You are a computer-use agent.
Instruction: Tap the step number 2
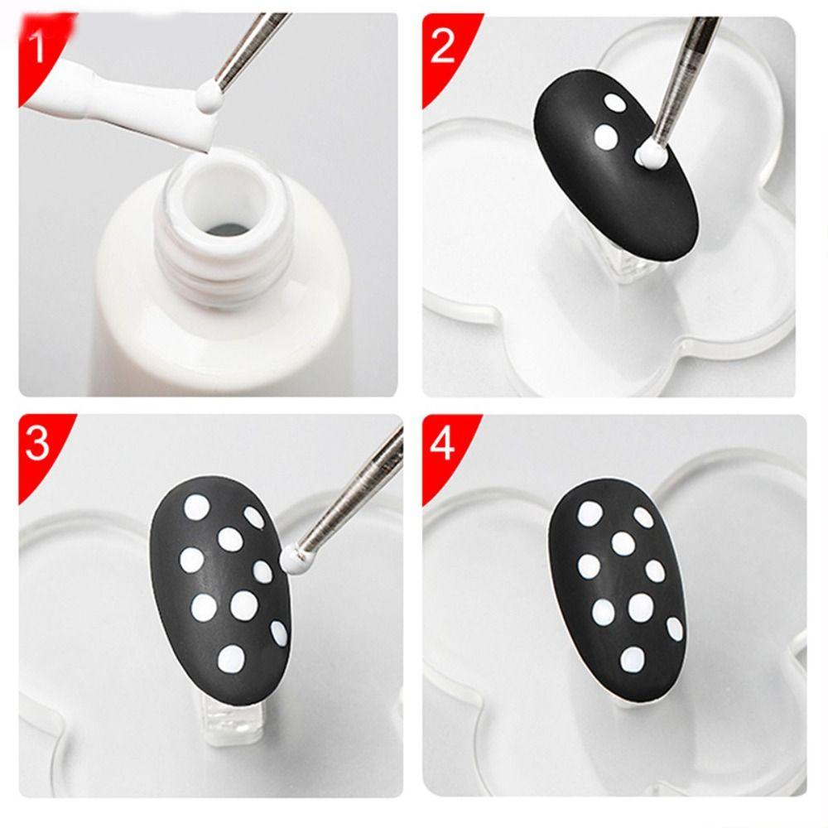point(443,47)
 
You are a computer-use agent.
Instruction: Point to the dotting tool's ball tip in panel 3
point(296,560)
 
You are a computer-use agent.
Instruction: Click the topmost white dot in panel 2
point(614,102)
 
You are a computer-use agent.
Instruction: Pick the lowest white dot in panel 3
point(229,658)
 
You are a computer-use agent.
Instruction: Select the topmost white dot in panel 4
point(590,512)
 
